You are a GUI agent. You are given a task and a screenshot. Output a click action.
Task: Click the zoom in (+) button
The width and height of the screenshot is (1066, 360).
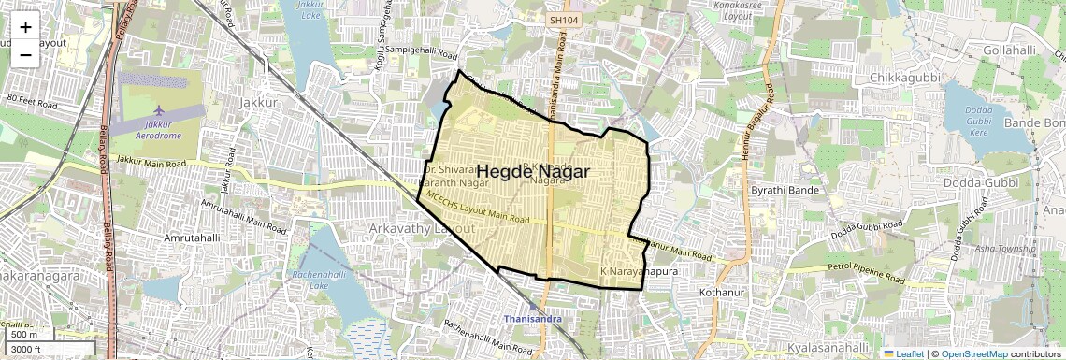(x=25, y=26)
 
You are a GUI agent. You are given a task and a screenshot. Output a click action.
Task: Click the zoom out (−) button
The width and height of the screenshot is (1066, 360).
(x=25, y=54)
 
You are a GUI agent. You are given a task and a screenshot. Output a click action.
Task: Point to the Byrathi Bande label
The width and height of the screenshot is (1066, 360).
(x=785, y=190)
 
